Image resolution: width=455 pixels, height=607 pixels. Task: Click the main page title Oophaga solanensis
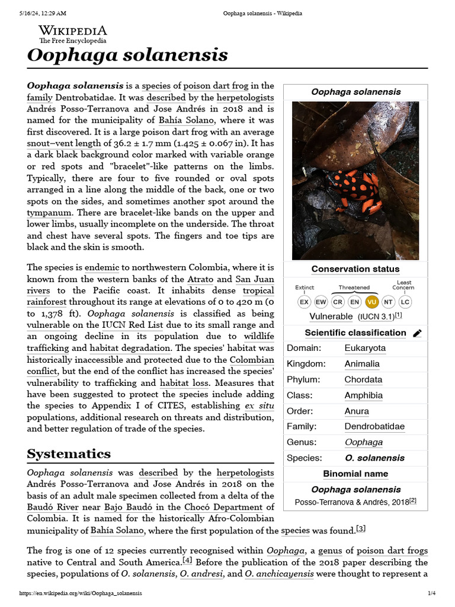[127, 55]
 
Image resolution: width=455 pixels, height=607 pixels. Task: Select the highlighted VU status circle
[371, 302]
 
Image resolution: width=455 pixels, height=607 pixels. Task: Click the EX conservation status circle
[304, 302]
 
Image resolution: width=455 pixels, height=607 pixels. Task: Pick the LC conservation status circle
[405, 302]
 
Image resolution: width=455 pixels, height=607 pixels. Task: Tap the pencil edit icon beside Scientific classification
[417, 333]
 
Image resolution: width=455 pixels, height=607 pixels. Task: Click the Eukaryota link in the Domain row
[365, 348]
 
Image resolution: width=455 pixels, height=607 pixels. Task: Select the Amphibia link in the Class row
[363, 395]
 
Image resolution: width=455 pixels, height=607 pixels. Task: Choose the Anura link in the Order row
[357, 411]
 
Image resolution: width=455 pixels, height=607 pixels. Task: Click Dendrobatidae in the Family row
[374, 426]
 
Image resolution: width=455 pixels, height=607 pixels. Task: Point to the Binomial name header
[355, 474]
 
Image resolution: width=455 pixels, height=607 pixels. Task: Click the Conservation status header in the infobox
[355, 269]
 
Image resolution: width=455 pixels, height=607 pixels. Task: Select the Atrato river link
[200, 279]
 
